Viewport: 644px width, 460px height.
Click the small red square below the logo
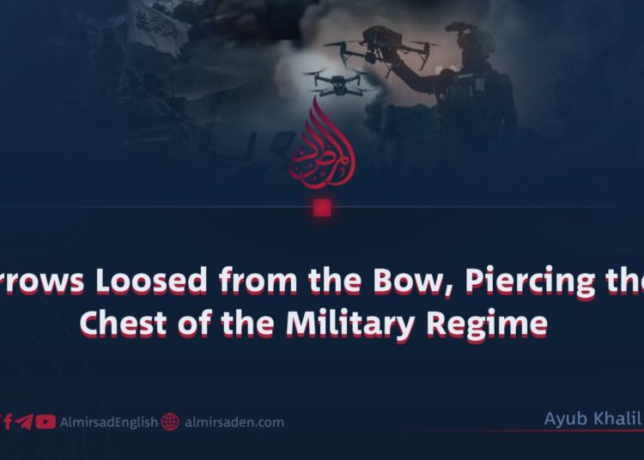pos(322,208)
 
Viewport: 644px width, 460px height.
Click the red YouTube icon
pos(46,422)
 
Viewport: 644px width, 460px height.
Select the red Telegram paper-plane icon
pos(25,422)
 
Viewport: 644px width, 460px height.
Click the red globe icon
pos(170,422)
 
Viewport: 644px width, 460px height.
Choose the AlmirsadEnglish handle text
pos(108,422)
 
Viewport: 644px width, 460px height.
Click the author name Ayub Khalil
pos(592,419)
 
